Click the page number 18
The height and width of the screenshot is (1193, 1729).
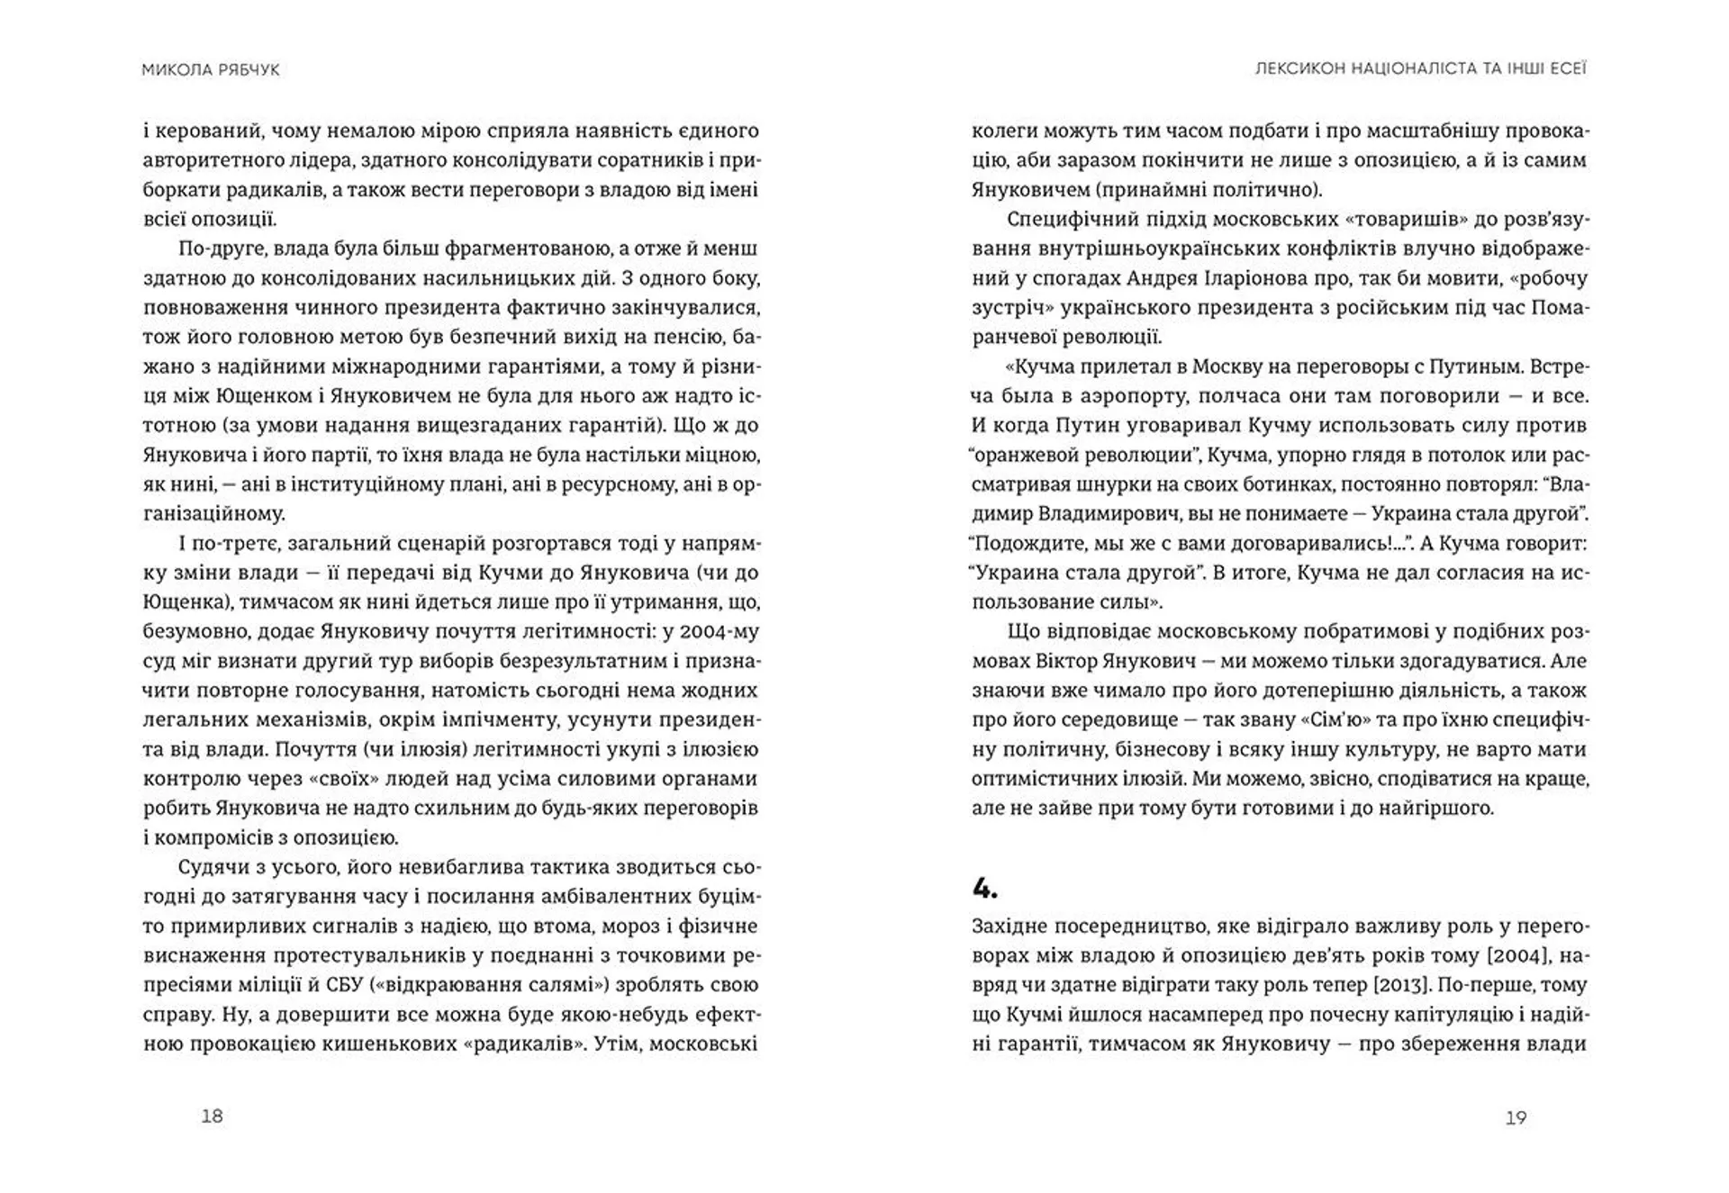pyautogui.click(x=212, y=1116)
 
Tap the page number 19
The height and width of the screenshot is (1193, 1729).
pyautogui.click(x=1516, y=1117)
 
